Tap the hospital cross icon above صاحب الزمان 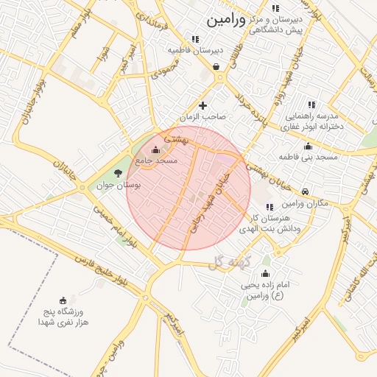[x=204, y=106]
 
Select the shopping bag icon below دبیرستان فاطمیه [x=216, y=66]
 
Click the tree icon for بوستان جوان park [x=118, y=174]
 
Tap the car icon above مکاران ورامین [x=305, y=191]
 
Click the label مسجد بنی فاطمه [x=308, y=158]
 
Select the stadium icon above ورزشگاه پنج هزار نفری [x=63, y=300]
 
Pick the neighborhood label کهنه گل [x=230, y=261]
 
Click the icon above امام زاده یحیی [x=266, y=274]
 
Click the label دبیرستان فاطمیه [x=194, y=50]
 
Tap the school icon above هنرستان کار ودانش [x=269, y=208]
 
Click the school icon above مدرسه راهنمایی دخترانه [x=311, y=105]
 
